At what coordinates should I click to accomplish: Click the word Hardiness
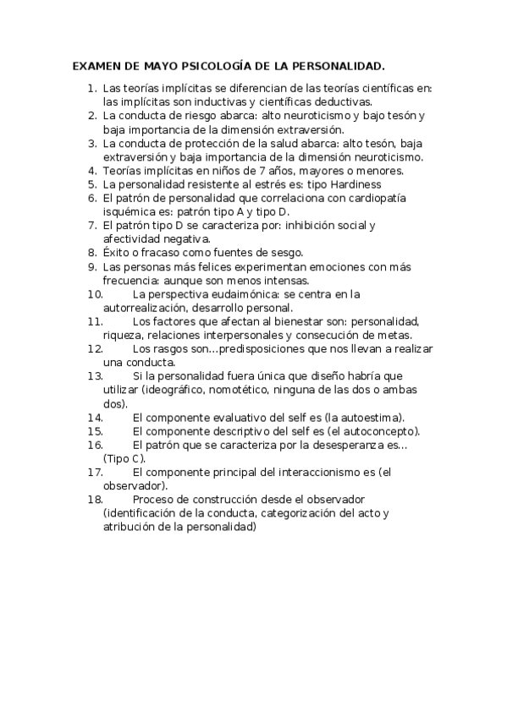354,183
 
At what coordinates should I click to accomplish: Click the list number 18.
95,500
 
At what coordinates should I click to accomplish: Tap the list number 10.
95,294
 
